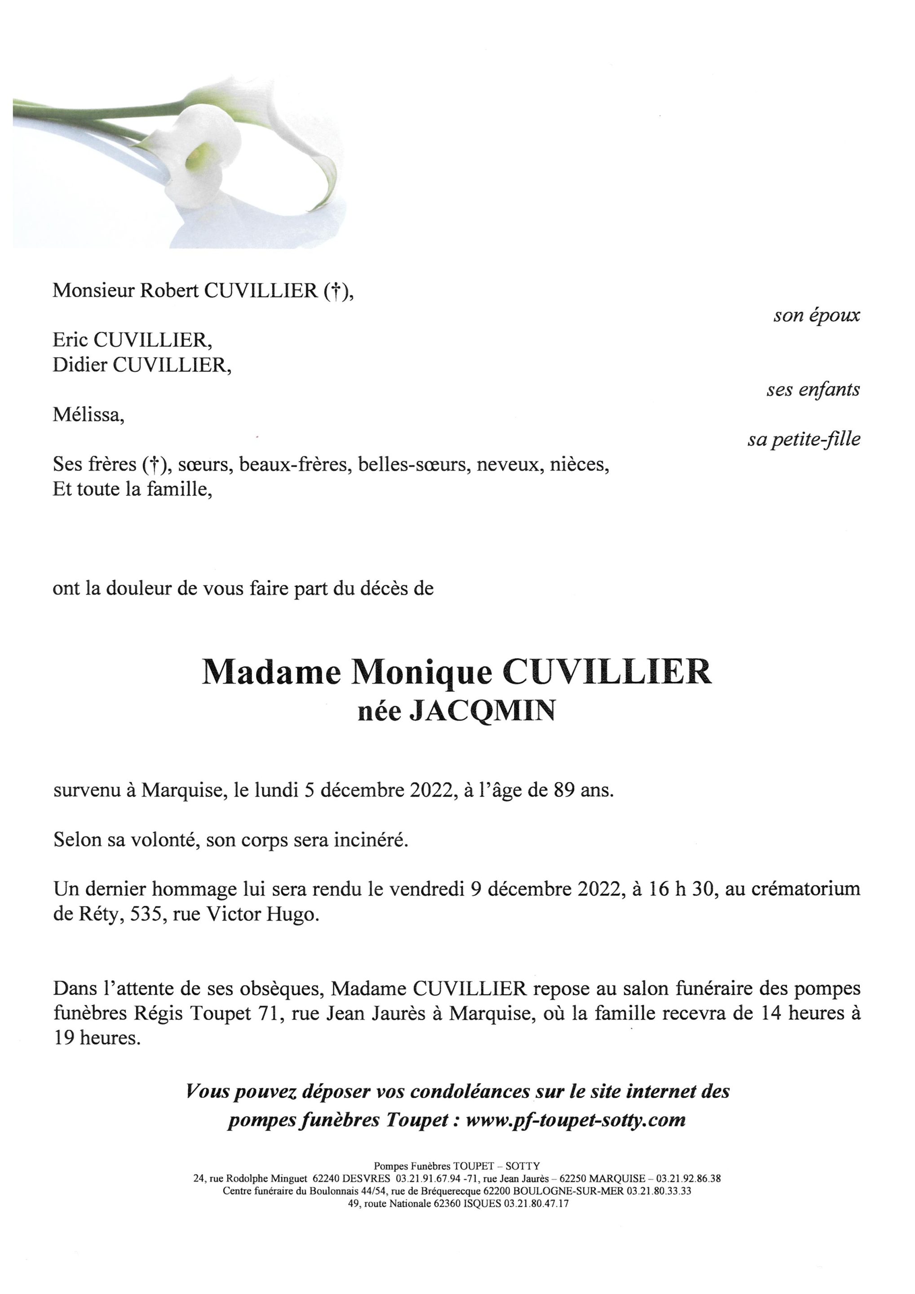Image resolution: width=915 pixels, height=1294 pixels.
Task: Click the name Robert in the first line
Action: point(169,291)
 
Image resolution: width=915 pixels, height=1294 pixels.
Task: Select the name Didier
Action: point(80,365)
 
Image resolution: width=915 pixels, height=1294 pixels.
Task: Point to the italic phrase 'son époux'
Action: point(816,315)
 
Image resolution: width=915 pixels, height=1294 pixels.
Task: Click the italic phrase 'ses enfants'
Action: point(813,390)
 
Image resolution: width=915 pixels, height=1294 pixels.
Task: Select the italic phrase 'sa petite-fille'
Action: point(804,439)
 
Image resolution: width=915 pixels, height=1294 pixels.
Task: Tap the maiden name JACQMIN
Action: point(482,711)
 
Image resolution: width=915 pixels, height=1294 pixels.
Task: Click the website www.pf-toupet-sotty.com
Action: point(576,1119)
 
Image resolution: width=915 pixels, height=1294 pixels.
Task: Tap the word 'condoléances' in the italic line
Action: point(469,1092)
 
